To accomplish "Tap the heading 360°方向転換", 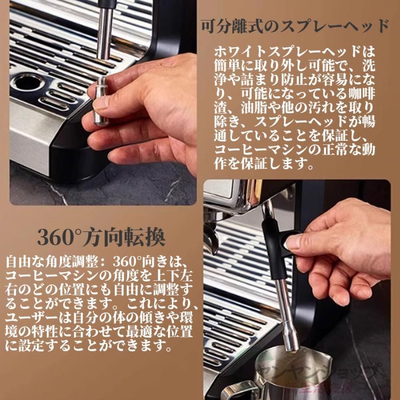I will pyautogui.click(x=101, y=237).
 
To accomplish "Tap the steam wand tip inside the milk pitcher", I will pyautogui.click(x=291, y=342).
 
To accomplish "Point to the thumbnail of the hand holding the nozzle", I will pyautogui.click(x=102, y=102).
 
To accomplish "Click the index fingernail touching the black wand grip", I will pyautogui.click(x=294, y=242).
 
